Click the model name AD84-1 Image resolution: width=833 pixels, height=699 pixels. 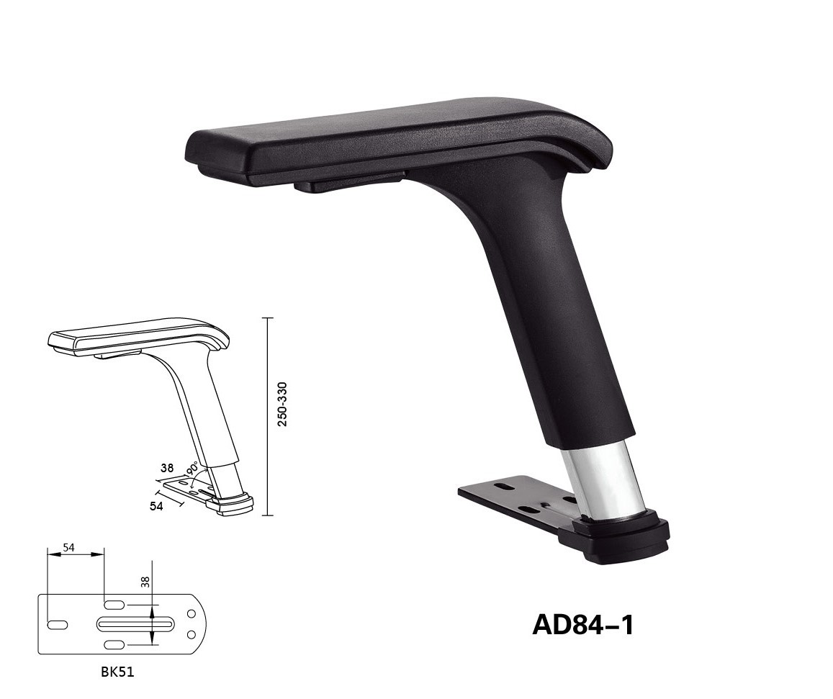pyautogui.click(x=583, y=624)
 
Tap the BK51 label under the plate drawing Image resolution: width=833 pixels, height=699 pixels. pyautogui.click(x=117, y=672)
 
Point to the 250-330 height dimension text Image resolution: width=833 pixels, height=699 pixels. pyautogui.click(x=283, y=404)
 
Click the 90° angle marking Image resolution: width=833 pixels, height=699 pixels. pyautogui.click(x=193, y=469)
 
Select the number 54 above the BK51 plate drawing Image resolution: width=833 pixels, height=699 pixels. pyautogui.click(x=68, y=548)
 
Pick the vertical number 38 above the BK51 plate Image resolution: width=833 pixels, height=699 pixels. pyautogui.click(x=145, y=582)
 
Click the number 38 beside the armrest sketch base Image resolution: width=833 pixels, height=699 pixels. pyautogui.click(x=167, y=467)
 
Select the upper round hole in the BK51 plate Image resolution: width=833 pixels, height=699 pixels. pyautogui.click(x=192, y=613)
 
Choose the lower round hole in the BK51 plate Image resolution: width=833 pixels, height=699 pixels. pyautogui.click(x=192, y=634)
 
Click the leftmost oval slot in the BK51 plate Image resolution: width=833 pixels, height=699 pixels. pyautogui.click(x=58, y=624)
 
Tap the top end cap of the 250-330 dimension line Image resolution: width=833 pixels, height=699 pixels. pyautogui.click(x=268, y=317)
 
